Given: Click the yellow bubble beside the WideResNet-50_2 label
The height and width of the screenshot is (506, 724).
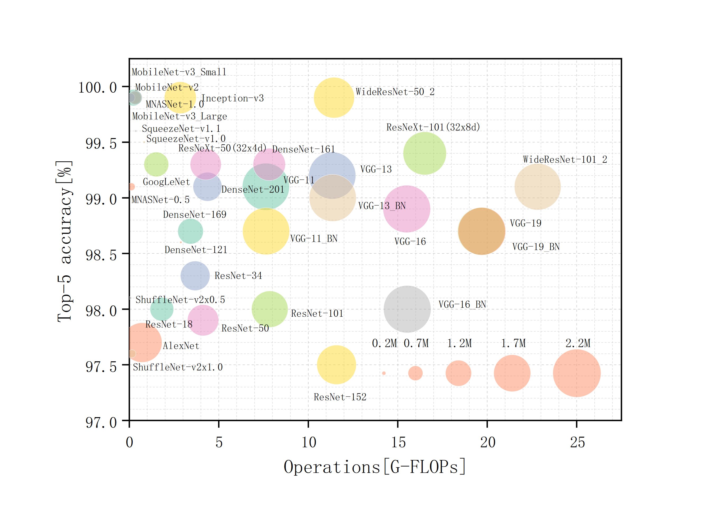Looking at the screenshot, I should coord(334,98).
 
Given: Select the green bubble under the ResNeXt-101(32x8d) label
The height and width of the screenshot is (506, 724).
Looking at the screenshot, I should coord(425,153).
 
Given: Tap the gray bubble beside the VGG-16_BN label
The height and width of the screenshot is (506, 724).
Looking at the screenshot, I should coord(407,309).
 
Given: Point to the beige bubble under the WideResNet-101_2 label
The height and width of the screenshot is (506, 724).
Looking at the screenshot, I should coord(537,187).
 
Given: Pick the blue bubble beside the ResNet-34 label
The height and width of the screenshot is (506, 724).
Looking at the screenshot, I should coord(195,275).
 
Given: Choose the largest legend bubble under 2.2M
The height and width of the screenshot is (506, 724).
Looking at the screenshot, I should coord(577,373).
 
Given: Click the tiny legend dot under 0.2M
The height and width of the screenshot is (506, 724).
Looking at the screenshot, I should coord(384,373).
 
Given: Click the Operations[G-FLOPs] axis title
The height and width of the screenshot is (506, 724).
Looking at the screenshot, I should coord(374,467).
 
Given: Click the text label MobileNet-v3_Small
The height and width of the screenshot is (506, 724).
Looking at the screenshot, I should coord(179,72).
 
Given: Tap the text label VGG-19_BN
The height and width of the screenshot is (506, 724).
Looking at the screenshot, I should coord(536,247).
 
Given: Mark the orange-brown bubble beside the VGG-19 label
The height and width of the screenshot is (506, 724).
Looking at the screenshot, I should coord(482,231).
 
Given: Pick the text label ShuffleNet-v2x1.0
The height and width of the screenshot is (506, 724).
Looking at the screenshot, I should coord(178,367).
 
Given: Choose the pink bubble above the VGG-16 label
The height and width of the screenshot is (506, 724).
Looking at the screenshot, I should coord(407,209).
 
